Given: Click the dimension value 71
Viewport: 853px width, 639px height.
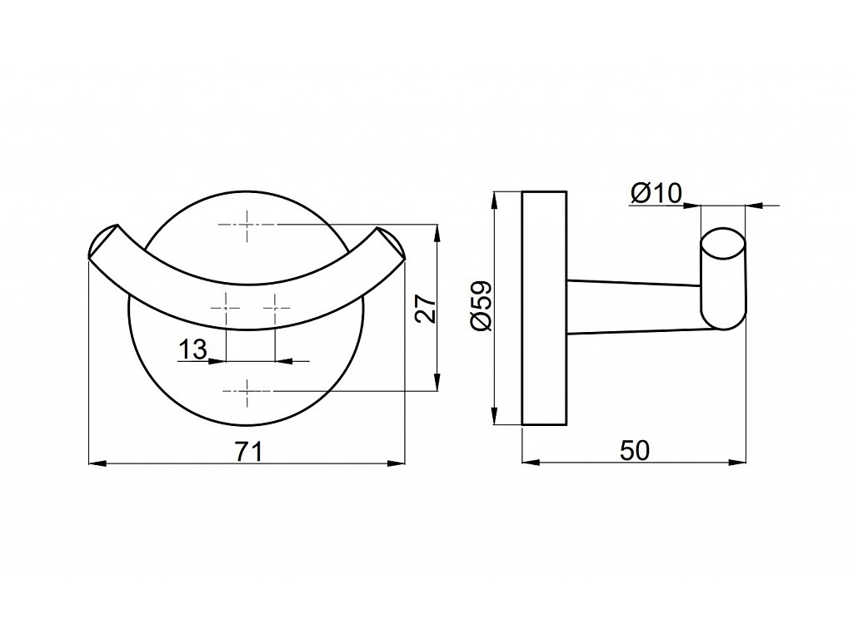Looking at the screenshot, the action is coord(249,451).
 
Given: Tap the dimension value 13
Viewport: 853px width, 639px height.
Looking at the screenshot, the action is coord(192,349).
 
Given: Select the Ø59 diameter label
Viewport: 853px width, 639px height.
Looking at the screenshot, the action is coord(481,306).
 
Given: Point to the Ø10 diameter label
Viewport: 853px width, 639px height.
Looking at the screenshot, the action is coord(656,193).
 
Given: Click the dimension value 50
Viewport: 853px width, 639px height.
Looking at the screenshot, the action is coord(635,451).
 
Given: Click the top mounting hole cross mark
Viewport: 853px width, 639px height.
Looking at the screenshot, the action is coord(247,224).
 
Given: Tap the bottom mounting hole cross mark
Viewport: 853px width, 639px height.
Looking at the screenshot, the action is coord(247,390).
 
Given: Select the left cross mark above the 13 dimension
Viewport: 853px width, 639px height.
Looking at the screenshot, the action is coord(225,307).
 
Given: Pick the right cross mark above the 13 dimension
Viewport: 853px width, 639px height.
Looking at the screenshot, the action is coord(275,307).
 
